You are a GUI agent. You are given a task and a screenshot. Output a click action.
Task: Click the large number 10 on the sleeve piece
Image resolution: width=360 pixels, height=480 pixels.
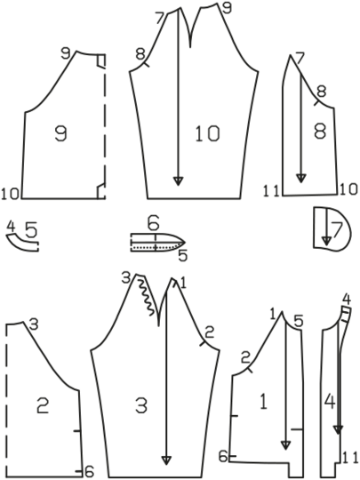click(207, 133)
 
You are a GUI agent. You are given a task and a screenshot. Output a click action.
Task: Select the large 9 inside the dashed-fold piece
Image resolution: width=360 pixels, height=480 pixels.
click(61, 133)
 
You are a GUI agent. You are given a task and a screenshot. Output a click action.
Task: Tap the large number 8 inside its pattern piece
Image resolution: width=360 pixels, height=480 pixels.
click(320, 131)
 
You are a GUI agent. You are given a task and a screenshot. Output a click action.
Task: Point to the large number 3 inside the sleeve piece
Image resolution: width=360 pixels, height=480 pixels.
click(141, 406)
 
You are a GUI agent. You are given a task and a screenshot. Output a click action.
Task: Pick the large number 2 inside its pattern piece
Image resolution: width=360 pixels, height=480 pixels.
click(43, 405)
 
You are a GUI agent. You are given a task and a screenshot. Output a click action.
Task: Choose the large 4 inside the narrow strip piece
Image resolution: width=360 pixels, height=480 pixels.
click(330, 401)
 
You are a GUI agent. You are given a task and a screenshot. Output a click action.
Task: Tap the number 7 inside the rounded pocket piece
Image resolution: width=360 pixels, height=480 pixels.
click(336, 230)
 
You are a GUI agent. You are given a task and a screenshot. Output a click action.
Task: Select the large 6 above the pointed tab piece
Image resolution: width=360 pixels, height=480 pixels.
click(153, 223)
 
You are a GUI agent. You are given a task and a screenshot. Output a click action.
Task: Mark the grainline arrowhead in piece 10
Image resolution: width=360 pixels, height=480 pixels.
click(178, 181)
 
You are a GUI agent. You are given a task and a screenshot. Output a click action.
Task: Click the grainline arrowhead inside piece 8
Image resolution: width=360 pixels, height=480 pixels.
click(301, 178)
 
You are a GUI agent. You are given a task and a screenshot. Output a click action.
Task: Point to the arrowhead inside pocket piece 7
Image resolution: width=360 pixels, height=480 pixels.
click(326, 241)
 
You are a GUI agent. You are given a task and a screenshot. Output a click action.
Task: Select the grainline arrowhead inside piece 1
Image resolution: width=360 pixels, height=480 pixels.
click(285, 445)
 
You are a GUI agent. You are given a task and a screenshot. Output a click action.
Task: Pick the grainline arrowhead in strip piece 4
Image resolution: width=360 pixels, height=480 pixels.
click(338, 430)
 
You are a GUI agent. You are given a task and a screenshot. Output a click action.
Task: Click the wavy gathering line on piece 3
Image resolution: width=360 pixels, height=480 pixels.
click(146, 297)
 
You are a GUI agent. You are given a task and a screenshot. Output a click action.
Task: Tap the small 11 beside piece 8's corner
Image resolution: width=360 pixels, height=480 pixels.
click(271, 191)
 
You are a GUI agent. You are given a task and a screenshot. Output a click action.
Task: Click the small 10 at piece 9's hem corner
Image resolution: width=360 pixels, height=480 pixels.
click(11, 194)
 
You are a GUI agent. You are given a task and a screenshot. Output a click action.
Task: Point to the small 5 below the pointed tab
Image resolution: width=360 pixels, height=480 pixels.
click(182, 256)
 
